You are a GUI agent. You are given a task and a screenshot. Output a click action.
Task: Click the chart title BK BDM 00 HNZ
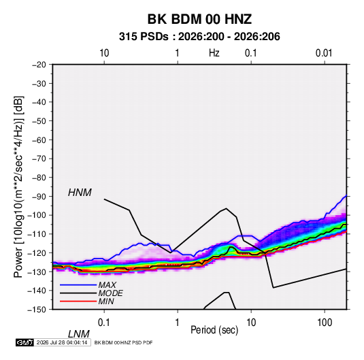[199, 19]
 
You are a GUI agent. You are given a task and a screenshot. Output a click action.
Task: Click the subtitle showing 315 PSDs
[199, 37]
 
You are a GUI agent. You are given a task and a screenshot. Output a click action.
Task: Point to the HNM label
[80, 193]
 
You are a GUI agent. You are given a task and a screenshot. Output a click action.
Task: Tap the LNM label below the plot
[79, 334]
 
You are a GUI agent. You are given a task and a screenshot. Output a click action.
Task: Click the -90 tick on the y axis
[39, 197]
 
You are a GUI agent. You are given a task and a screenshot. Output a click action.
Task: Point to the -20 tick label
[39, 65]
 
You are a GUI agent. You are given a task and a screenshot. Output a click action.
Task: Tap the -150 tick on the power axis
[37, 310]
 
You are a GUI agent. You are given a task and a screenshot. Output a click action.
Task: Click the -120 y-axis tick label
[37, 253]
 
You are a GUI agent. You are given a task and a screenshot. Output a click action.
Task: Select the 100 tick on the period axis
[325, 323]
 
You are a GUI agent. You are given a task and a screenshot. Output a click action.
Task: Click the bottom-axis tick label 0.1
[104, 323]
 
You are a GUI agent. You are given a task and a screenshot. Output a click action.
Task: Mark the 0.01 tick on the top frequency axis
[324, 53]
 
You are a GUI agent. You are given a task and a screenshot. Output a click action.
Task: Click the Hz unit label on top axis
[214, 53]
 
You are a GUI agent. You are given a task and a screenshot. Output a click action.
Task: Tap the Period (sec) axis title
[214, 330]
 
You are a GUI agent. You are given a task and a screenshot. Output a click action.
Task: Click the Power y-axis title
[18, 187]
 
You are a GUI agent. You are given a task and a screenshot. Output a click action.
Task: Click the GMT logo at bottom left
[25, 342]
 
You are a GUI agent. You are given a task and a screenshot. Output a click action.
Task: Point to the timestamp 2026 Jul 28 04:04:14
[62, 342]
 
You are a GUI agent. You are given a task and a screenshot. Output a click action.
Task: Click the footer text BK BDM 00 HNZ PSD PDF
[124, 342]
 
